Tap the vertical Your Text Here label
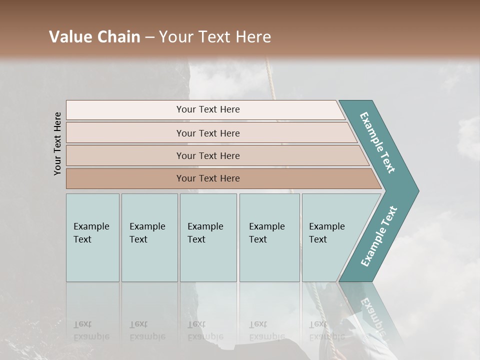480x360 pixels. (x=57, y=143)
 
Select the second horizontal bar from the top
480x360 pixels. (x=207, y=133)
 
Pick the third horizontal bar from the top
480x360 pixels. (x=207, y=155)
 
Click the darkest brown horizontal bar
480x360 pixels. (x=207, y=178)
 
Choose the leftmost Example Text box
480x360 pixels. (x=92, y=237)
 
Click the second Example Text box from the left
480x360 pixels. (x=149, y=237)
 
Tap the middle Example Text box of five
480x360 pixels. (x=207, y=237)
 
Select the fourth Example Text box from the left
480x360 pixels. (x=269, y=237)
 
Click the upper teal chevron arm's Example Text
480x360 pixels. (x=377, y=142)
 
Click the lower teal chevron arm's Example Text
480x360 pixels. (x=379, y=236)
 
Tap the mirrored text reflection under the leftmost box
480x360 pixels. (x=91, y=330)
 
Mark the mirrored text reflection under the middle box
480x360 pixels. (x=205, y=330)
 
